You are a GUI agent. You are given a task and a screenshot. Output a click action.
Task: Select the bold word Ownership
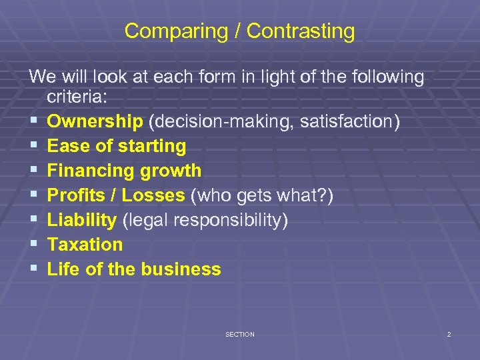pyautogui.click(x=95, y=121)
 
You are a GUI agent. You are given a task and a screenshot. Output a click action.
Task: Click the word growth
pyautogui.click(x=171, y=171)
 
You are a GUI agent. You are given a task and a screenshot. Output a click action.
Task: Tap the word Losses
pyautogui.click(x=151, y=195)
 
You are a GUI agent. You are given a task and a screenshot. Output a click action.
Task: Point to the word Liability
pyautogui.click(x=82, y=220)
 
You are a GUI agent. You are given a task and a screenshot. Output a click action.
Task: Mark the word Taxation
pyautogui.click(x=85, y=245)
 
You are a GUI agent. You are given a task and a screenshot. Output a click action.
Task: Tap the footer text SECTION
pyautogui.click(x=240, y=334)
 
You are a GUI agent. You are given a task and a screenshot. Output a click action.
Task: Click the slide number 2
pyautogui.click(x=449, y=334)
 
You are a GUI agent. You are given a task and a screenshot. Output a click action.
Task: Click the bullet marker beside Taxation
pyautogui.click(x=33, y=245)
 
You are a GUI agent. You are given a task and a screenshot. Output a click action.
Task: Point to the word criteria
pyautogui.click(x=75, y=97)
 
